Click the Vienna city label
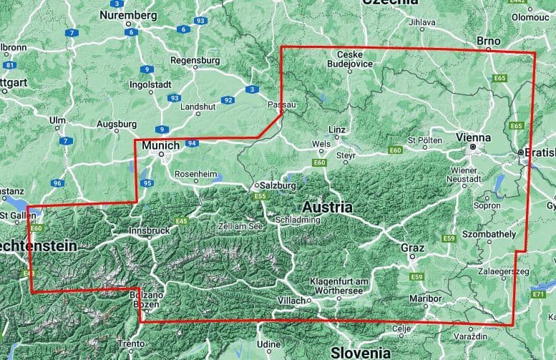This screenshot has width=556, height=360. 473,137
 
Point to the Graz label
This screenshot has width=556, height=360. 413,248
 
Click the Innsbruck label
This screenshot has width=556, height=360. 150,231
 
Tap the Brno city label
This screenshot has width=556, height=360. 489,42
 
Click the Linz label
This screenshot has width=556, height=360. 337,130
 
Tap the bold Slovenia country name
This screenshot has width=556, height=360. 361,352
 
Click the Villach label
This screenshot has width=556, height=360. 293,300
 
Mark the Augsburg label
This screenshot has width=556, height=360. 116,123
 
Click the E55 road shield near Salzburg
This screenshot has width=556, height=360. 260,196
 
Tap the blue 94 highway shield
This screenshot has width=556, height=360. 191,143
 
